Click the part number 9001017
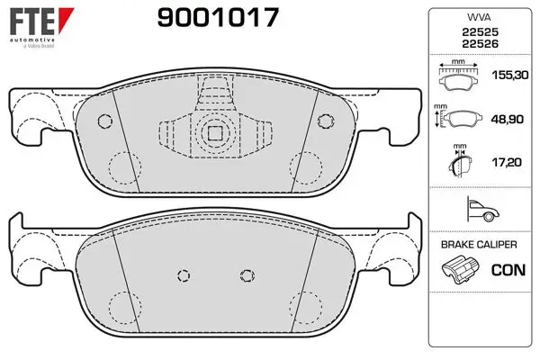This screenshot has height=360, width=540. tap(218, 18)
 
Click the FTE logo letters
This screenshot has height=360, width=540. tap(32, 22)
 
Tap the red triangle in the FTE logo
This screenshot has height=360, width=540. tap(66, 20)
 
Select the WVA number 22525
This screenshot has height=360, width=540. tap(480, 32)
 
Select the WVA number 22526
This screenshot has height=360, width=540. tap(480, 44)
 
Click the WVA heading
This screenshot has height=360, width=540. tap(479, 17)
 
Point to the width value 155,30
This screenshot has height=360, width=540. tap(510, 75)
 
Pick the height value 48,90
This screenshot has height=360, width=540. tap(508, 119)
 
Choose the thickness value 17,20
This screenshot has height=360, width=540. tap(507, 162)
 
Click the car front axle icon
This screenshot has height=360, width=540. tap(482, 209)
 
